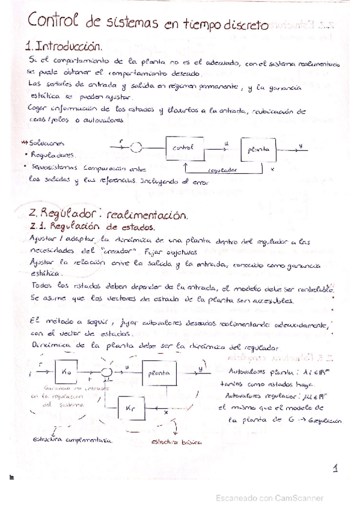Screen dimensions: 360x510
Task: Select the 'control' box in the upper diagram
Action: (183, 147)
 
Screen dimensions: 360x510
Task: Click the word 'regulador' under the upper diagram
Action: (225, 170)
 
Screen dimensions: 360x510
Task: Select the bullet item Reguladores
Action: (53, 154)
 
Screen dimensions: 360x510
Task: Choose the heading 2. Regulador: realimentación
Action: (108, 214)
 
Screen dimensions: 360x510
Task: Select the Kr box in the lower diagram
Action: (135, 408)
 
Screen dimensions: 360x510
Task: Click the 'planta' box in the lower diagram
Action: (159, 373)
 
